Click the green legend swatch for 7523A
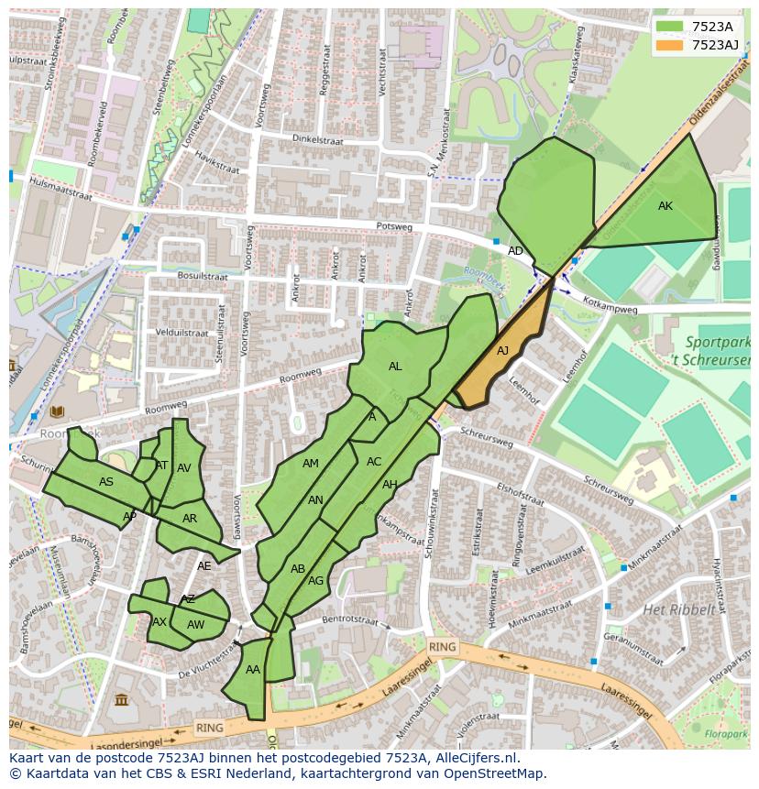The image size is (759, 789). point(669,26)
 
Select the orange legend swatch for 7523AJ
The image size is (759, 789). point(669,44)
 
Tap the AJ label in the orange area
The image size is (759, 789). point(502,351)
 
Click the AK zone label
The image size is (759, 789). point(665,206)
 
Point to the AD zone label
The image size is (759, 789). point(515,251)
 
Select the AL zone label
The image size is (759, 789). point(395,367)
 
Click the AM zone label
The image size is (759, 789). point(311,464)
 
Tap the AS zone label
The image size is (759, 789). point(106,482)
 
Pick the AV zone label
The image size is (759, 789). point(184,468)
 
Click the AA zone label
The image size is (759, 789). point(253,670)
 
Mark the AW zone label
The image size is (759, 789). point(195,625)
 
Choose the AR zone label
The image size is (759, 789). point(190,519)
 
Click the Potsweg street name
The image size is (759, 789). point(395,226)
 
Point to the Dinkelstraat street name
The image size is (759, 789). point(316,139)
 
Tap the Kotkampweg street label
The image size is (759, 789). point(610,309)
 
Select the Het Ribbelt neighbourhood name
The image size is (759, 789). point(679,609)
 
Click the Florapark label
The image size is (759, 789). point(727,734)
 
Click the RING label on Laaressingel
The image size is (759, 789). point(442,647)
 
